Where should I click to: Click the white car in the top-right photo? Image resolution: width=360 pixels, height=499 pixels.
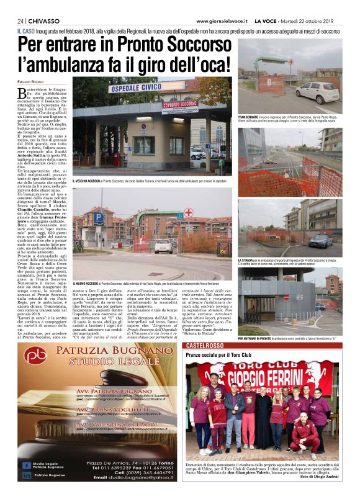pos(317,92)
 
